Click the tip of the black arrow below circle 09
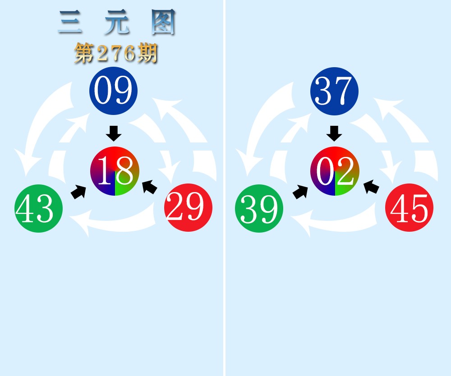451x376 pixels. pos(114,141)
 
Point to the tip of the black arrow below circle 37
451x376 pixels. pos(334,141)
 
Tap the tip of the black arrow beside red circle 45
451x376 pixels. pos(364,181)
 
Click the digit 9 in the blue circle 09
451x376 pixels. pos(123,90)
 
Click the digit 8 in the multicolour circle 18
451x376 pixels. pos(124,171)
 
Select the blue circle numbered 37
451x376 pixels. pos(334,91)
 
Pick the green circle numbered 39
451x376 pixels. pos(259,208)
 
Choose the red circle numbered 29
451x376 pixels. pos(189,207)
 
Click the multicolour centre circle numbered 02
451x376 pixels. pos(335,171)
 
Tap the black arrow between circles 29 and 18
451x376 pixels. pos(150,187)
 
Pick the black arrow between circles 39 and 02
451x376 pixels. pos(300,192)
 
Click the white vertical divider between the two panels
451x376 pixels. pos(224,188)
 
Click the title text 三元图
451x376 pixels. pos(117,22)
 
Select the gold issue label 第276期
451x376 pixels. pos(116,54)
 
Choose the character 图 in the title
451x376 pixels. pos(163,22)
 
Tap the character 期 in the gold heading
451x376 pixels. pos(147,54)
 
